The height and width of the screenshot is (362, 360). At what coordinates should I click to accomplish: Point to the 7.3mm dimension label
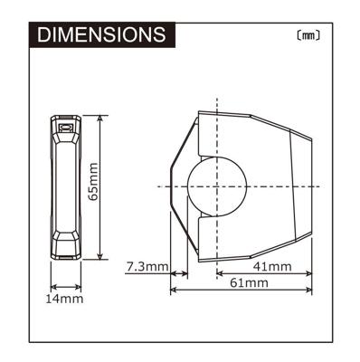pyautogui.click(x=146, y=267)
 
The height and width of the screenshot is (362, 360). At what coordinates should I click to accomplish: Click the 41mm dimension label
pyautogui.click(x=271, y=267)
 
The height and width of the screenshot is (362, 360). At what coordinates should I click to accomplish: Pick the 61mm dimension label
pyautogui.click(x=250, y=283)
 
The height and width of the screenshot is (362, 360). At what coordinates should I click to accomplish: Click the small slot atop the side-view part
pyautogui.click(x=65, y=129)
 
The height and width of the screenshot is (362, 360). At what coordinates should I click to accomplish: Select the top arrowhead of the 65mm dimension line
pyautogui.click(x=99, y=118)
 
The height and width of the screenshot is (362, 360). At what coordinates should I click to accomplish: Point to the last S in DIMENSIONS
pyautogui.click(x=157, y=34)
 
